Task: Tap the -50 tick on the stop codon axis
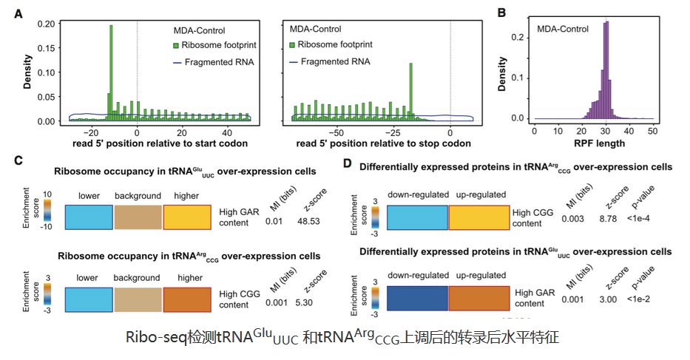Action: (335, 132)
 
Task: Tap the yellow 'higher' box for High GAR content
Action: (187, 217)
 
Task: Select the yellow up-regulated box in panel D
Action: (478, 219)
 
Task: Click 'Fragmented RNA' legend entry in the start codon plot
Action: (219, 62)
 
